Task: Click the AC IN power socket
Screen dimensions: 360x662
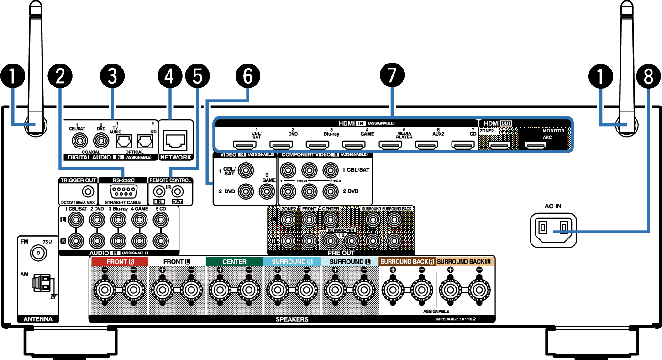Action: [553, 227]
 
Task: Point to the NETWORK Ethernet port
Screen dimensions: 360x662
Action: [176, 138]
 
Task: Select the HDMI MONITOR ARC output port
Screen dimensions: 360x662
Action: [536, 145]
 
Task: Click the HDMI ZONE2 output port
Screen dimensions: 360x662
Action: [499, 145]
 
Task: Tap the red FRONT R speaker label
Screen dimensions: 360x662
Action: [120, 262]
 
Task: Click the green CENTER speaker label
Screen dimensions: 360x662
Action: [234, 262]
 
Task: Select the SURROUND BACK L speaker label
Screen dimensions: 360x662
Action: [464, 262]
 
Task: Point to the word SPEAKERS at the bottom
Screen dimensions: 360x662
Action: [292, 319]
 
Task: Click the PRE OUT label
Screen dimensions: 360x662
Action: [341, 253]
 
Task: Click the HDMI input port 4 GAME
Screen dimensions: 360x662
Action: [354, 145]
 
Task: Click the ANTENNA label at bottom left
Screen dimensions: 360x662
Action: [38, 319]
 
